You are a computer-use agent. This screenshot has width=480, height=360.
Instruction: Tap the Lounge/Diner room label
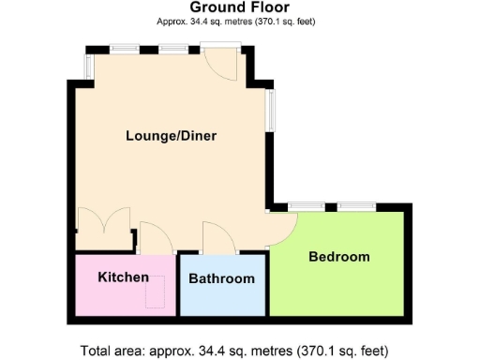[x=172, y=136]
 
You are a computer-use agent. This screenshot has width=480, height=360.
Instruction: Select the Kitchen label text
[x=124, y=277]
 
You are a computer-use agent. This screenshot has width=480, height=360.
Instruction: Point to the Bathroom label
[x=221, y=279]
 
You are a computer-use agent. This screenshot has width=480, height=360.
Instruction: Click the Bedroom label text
[x=339, y=256]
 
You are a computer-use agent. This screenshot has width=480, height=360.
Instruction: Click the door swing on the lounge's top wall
[x=220, y=66]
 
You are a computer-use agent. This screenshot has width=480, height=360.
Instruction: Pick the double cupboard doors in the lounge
[x=103, y=230]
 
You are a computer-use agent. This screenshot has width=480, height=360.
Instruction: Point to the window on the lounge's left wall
[x=89, y=66]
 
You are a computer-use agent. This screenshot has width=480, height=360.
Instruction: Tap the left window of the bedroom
[x=306, y=206]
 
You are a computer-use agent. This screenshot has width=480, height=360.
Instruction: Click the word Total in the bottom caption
[x=98, y=352]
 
